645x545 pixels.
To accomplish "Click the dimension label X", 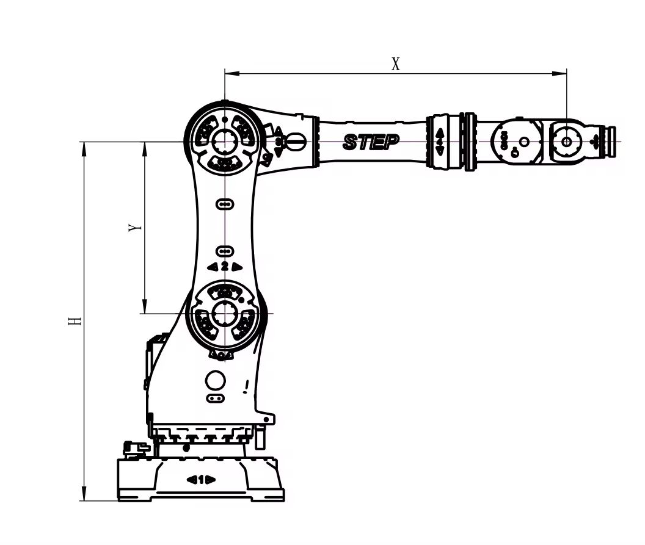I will (x=396, y=64).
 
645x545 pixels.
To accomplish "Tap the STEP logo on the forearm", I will (x=371, y=142).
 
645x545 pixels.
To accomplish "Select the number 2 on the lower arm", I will (x=225, y=267).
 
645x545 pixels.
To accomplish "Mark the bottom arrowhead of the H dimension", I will (x=84, y=495).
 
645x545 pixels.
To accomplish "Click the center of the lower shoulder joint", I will (x=225, y=313).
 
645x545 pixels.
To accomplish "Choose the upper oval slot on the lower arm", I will (x=225, y=203).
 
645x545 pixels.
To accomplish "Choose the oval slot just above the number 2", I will (x=225, y=251).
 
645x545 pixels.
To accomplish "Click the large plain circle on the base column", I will (x=216, y=380).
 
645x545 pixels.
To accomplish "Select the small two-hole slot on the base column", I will (x=214, y=399).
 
